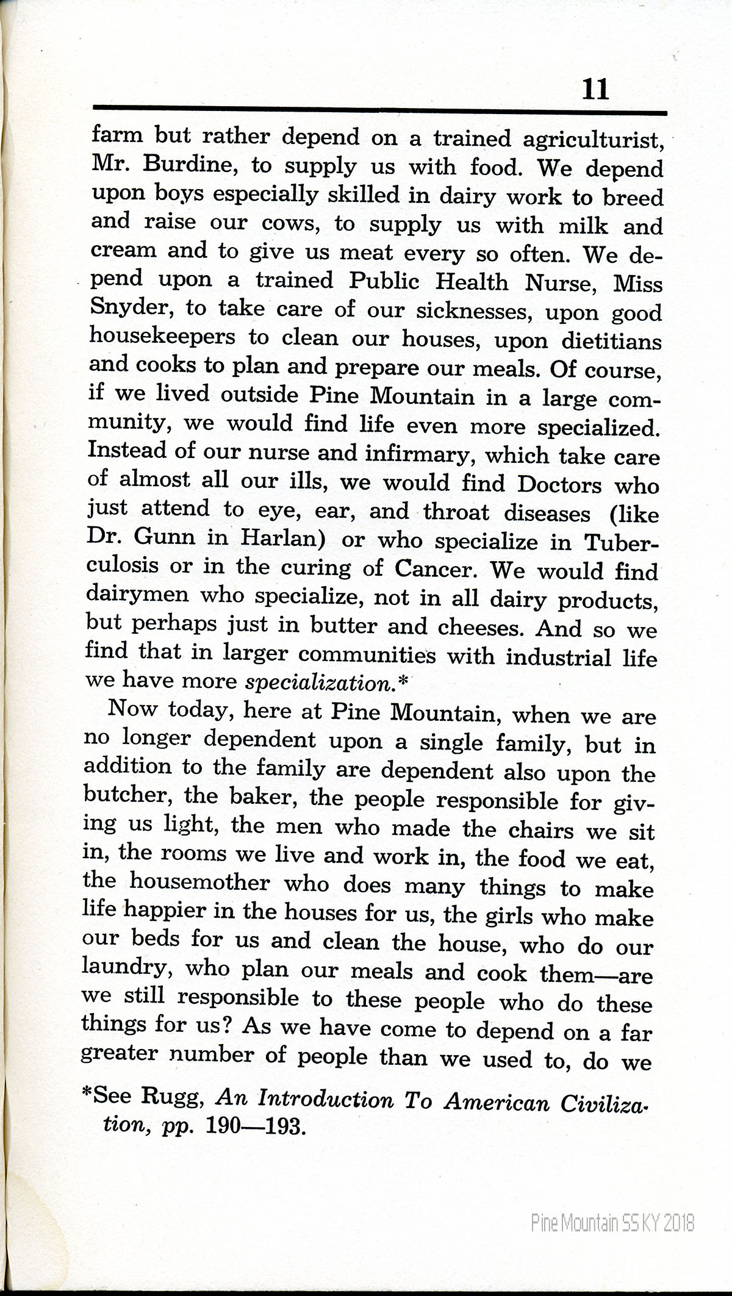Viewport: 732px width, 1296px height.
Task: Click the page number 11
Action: tap(595, 90)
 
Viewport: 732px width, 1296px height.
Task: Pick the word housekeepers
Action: tap(162, 336)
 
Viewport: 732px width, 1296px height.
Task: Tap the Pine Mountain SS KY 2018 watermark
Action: tap(612, 1205)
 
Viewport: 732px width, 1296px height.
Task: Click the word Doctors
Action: tap(559, 485)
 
